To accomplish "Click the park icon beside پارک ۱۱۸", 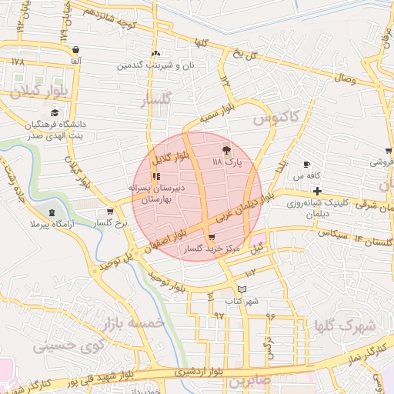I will click(x=225, y=150).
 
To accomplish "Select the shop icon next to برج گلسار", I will click(x=110, y=211).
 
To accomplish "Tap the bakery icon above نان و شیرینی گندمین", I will click(x=157, y=53).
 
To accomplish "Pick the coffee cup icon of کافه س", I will click(x=306, y=165).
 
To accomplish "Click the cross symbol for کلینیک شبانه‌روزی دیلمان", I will click(x=317, y=190).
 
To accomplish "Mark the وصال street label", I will click(x=344, y=78).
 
